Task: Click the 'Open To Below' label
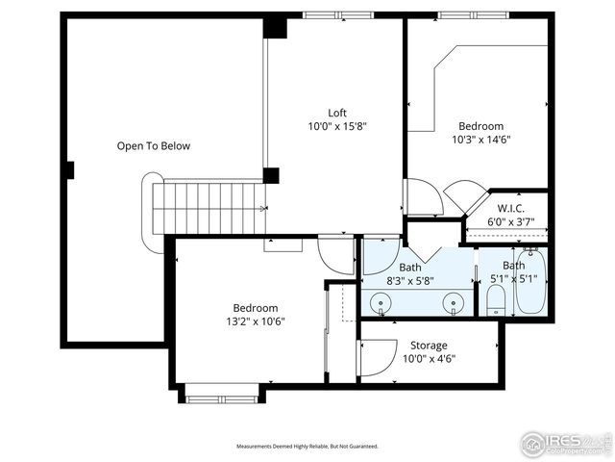154,146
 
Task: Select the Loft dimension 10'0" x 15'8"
337,126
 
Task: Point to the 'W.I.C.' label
509,208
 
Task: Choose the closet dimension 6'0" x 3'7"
509,222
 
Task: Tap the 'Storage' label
429,345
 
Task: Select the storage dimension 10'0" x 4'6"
429,359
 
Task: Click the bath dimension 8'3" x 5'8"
410,282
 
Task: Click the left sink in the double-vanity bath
382,304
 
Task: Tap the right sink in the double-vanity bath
453,304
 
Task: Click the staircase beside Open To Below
207,207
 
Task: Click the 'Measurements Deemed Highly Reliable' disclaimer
307,447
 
